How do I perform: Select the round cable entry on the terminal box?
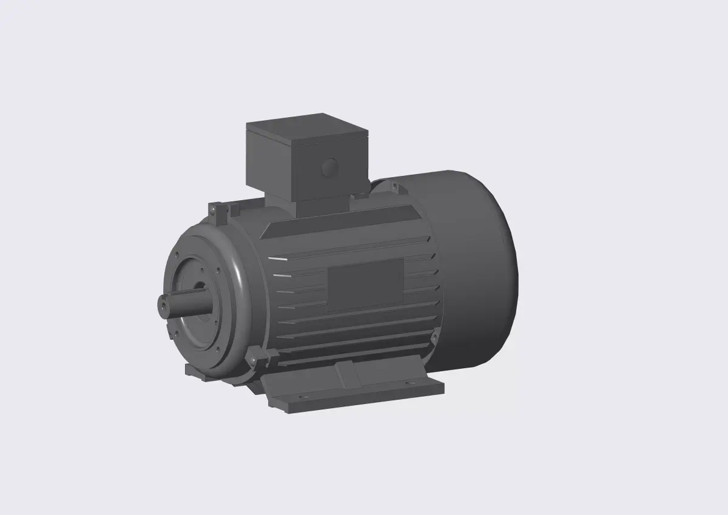[329, 167]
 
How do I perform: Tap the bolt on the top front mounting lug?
[214, 210]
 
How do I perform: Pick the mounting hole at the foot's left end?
[302, 397]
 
